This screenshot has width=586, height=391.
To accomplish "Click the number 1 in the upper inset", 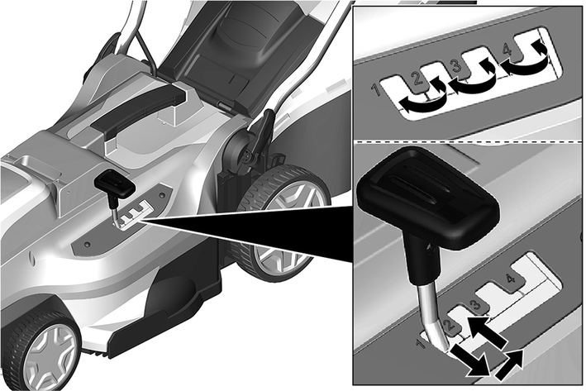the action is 376,89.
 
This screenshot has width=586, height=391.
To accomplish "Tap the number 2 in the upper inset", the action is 417,79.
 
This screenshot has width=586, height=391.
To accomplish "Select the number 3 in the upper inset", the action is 456,65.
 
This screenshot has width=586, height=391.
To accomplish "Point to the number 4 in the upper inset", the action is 507,49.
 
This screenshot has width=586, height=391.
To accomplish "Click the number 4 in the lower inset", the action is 510,279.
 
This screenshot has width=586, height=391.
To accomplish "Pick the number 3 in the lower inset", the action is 475,305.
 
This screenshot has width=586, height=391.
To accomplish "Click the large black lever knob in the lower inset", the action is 427,198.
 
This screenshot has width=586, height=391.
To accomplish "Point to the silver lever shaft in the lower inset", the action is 433,315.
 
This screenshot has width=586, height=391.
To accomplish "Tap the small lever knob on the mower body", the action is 114,184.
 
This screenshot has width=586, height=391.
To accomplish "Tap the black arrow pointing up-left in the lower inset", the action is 486,330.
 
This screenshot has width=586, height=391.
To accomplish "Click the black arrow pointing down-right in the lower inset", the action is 470,360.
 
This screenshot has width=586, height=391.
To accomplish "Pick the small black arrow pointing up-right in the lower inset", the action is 510,365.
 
